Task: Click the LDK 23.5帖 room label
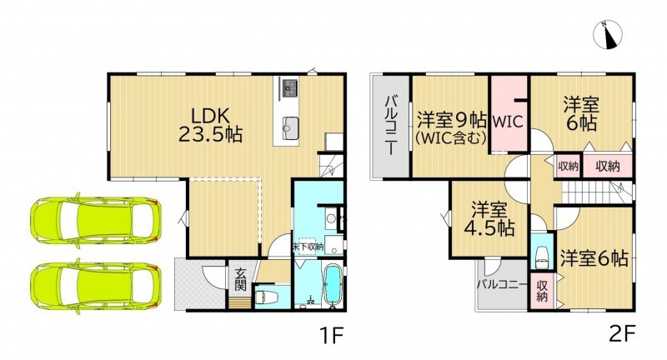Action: pos(210,125)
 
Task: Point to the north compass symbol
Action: pos(608,34)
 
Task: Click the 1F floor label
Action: pos(330,336)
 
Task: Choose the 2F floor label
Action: pos(622,336)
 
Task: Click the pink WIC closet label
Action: pos(508,122)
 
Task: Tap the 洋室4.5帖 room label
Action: pos(489,220)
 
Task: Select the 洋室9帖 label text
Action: pos(451,121)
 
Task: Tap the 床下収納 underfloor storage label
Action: pos(308,247)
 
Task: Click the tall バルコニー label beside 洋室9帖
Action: pos(391,126)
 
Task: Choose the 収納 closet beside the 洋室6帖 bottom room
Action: pos(541,291)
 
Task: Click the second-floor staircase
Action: pos(595,192)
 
